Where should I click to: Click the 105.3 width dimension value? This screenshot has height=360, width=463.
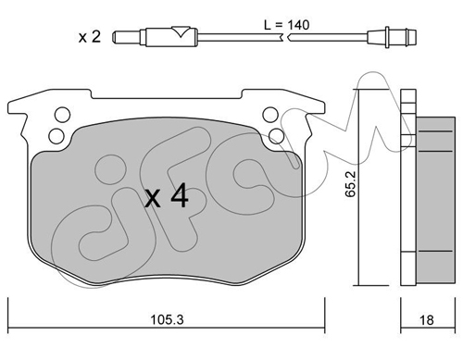click(167, 320)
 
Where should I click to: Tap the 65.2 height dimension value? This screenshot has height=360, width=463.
click(351, 184)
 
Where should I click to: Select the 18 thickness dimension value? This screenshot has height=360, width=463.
click(426, 320)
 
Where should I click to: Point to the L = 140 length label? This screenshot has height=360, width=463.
click(286, 25)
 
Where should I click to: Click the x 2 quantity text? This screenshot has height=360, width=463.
click(90, 37)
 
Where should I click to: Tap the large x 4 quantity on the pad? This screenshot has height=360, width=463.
click(167, 195)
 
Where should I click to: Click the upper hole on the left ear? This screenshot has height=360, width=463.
click(62, 115)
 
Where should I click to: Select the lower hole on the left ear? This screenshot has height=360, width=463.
click(56, 136)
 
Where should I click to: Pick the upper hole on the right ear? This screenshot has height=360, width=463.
click(270, 115)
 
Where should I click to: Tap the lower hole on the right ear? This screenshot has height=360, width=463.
click(276, 136)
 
